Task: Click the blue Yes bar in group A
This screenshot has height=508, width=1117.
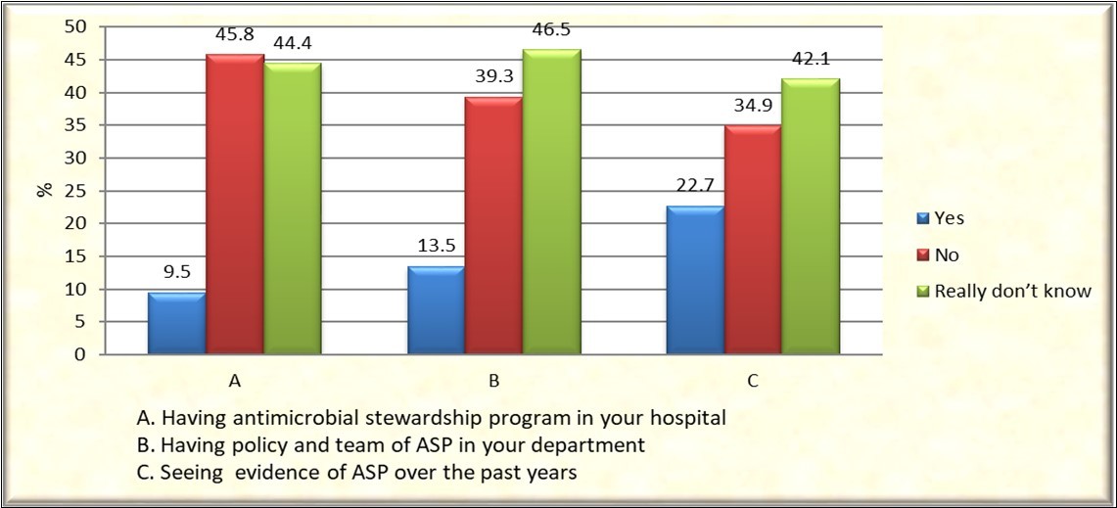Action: point(176,323)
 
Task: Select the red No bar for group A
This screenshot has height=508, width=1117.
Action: point(235,206)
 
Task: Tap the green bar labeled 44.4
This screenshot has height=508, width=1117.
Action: point(292,210)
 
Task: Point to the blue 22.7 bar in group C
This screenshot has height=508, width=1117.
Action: point(694,281)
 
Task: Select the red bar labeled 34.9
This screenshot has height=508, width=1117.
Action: point(752,241)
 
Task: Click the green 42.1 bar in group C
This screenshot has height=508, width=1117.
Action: point(810,217)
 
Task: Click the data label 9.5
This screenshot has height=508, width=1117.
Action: point(176,274)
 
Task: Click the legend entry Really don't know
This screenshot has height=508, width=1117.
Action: point(1011,291)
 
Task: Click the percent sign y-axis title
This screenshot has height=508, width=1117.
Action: point(44,189)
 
